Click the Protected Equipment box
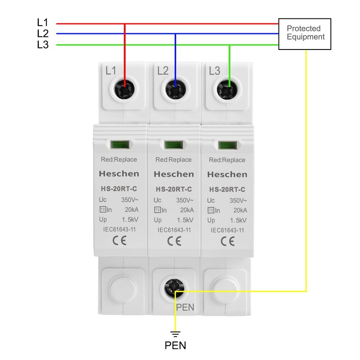(305, 34)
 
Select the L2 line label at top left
(43, 34)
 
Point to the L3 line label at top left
(43, 45)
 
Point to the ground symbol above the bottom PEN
(175, 334)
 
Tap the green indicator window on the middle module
(172, 145)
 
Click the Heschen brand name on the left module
(119, 174)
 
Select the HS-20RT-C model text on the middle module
(174, 189)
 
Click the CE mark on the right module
(228, 241)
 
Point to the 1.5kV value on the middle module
(185, 220)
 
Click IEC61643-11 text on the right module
(227, 230)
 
